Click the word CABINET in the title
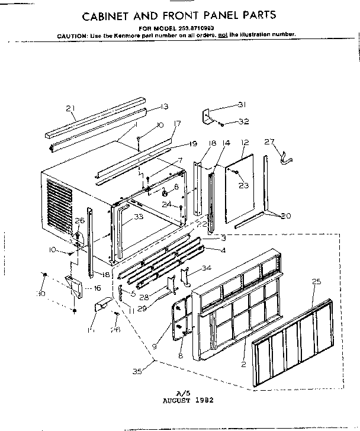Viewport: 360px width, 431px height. coord(110,15)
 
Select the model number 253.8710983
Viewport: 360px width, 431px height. coord(194,28)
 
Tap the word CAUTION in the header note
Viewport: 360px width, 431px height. coord(72,36)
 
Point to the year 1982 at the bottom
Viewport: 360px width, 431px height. coord(200,400)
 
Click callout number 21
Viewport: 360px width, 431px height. coord(71,108)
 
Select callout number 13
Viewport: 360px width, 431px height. coord(164,107)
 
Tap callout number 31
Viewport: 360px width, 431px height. coord(242,105)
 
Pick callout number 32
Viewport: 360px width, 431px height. coord(243,121)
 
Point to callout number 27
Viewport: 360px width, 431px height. coord(269,141)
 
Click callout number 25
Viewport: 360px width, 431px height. coord(317,282)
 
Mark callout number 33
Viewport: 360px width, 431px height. coord(138,217)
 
